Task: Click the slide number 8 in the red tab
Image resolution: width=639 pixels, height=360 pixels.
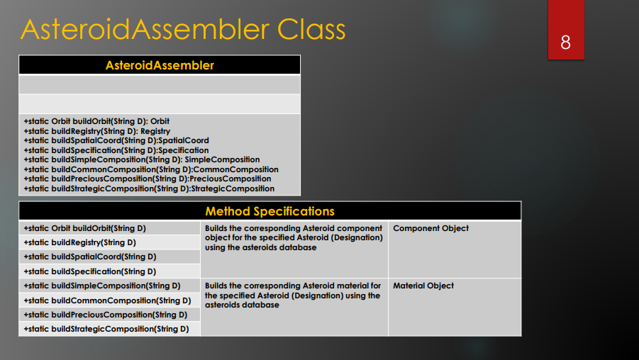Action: (x=565, y=43)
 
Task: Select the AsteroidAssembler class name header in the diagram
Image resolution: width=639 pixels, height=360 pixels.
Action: (x=160, y=65)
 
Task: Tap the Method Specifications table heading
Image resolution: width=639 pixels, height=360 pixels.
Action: (x=270, y=211)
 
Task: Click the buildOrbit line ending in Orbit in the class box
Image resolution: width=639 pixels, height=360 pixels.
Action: (x=96, y=121)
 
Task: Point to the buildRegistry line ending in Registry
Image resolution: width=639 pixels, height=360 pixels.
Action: (x=97, y=131)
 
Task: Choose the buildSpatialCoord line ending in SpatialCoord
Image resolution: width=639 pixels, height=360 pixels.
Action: (x=116, y=140)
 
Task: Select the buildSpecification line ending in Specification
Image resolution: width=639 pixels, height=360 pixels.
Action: (x=116, y=150)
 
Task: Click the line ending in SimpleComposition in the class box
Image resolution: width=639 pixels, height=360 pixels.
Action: (x=142, y=159)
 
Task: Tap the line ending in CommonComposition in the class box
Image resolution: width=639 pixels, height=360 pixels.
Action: (x=151, y=169)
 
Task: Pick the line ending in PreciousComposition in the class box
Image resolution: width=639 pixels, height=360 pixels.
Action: (x=148, y=179)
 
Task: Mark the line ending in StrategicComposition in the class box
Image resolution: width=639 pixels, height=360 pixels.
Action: (x=149, y=189)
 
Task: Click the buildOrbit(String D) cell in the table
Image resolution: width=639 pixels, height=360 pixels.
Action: (x=84, y=228)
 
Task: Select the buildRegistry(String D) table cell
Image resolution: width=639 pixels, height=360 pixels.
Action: (x=79, y=242)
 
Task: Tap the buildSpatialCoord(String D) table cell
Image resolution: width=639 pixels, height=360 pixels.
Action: (x=90, y=257)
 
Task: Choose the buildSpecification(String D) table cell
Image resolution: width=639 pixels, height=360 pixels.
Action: (x=90, y=271)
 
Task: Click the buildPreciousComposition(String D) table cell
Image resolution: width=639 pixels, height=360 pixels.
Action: (x=106, y=315)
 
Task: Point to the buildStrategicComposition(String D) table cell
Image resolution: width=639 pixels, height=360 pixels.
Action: (x=106, y=329)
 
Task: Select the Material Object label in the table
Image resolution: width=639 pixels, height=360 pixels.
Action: (x=423, y=286)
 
